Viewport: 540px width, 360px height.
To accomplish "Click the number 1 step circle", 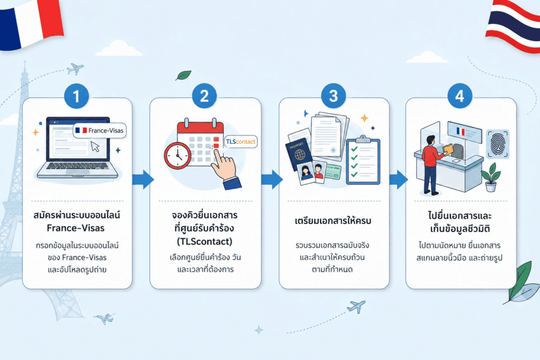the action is point(76,96).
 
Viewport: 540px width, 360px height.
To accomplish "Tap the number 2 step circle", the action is point(204,96).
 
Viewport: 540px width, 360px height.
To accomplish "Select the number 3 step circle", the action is point(333,96).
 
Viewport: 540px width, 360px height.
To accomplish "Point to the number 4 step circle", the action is point(460,96).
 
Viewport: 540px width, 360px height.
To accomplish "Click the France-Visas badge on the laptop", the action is point(100,130).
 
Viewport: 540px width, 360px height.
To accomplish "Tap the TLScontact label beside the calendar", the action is point(240,141).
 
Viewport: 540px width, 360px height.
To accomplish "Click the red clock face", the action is point(178,155).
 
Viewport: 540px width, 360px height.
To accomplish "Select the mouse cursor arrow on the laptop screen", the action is point(95,147).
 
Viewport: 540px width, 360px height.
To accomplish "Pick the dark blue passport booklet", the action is point(298,154).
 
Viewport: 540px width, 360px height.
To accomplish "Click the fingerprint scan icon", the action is point(497,143).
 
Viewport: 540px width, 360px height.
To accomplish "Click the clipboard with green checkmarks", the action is point(363,160).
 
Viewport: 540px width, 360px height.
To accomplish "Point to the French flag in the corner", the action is point(31,23).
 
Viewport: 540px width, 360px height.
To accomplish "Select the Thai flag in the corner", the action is point(514,26).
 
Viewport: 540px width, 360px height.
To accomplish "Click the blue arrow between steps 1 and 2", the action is point(143,179).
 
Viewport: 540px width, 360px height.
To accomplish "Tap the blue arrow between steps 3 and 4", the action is point(399,179).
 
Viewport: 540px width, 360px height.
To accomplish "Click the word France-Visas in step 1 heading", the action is point(76,228).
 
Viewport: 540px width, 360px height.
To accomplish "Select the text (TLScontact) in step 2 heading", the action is point(205,241).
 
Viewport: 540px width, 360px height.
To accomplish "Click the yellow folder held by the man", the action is point(449,149).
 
